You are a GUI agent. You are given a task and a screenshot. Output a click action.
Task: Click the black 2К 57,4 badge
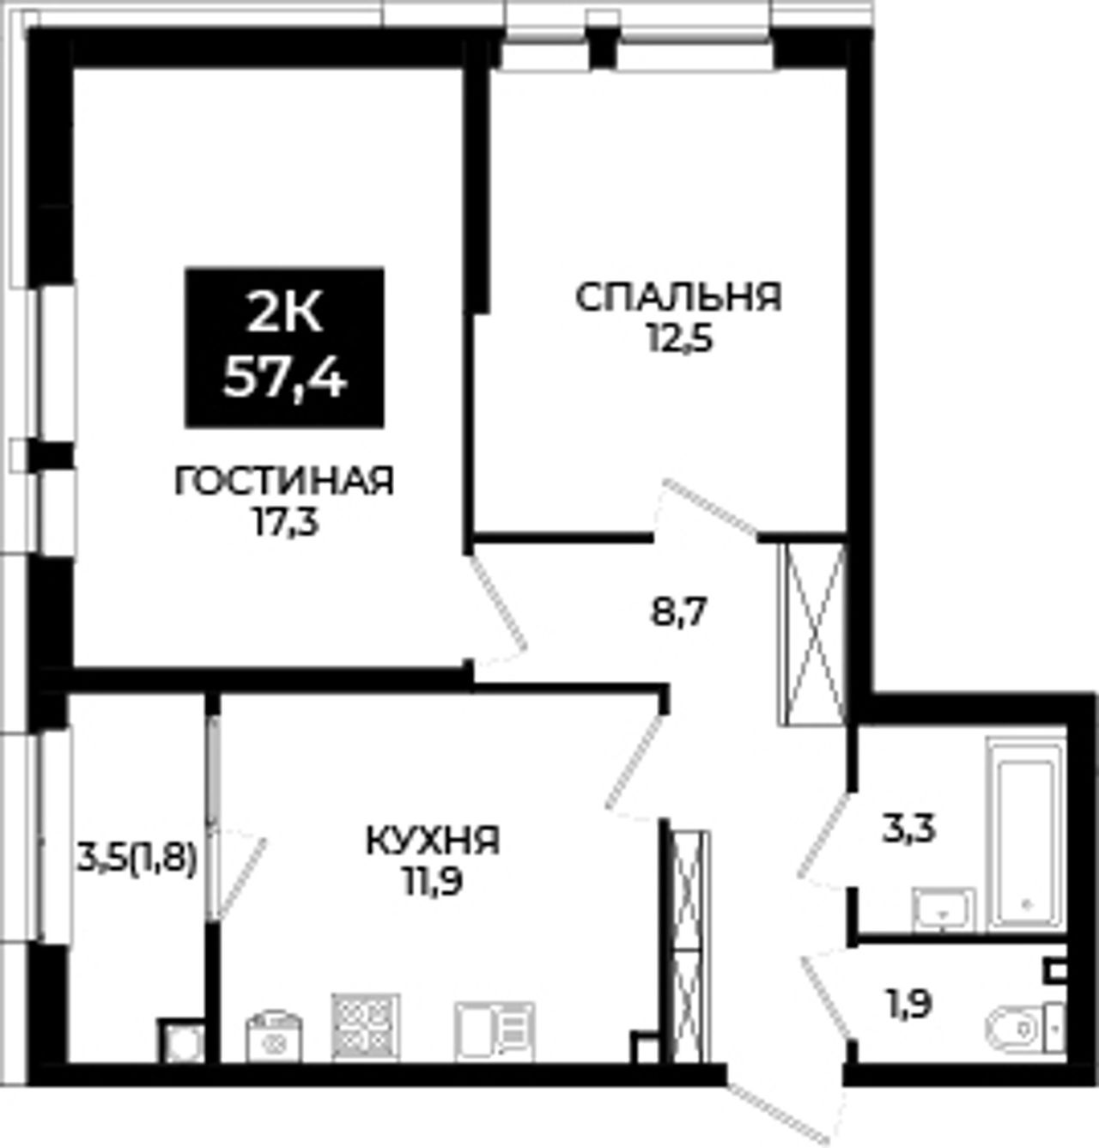(x=284, y=348)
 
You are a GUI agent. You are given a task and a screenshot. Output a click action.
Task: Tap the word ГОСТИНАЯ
(x=284, y=482)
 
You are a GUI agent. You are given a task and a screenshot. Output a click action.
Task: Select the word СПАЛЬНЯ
(x=678, y=297)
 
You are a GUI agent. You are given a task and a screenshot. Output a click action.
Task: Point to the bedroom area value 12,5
(x=680, y=338)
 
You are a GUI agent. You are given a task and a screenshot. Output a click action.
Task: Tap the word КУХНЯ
(x=433, y=840)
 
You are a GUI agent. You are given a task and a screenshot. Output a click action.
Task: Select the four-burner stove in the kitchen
(x=366, y=1029)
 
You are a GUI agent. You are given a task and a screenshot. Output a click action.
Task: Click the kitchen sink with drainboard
(x=495, y=1032)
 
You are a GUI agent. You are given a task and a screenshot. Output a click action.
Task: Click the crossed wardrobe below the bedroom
(x=812, y=635)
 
